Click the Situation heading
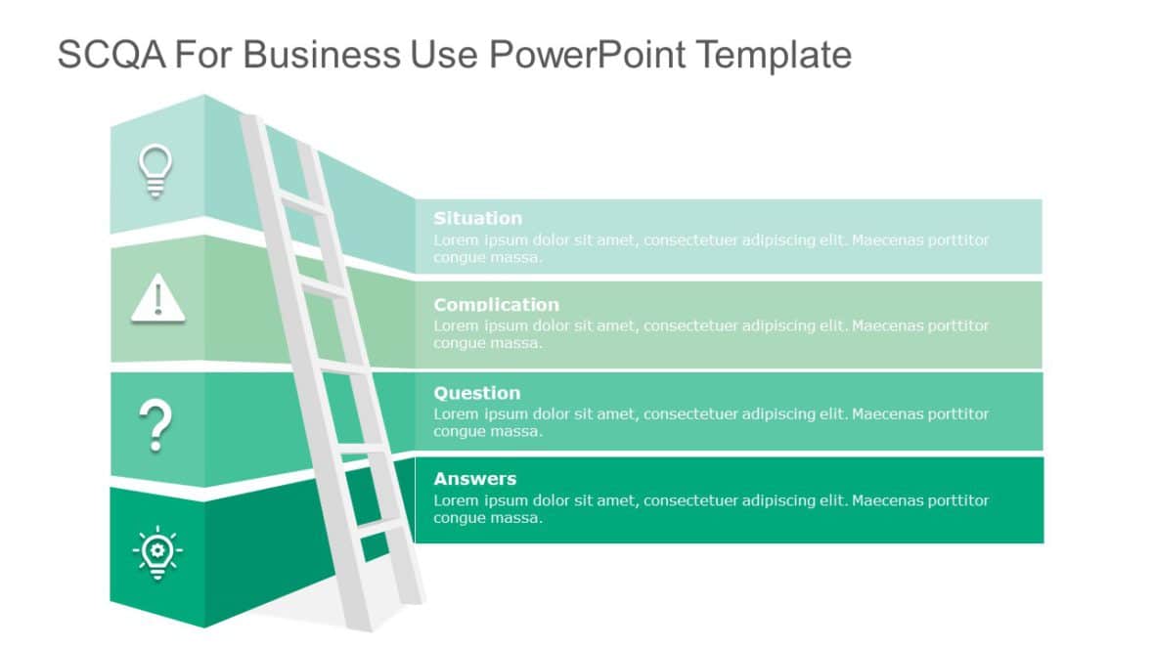477,218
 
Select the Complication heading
496,305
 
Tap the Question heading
476,393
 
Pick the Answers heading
474,479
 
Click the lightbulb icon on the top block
155,171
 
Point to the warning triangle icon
157,297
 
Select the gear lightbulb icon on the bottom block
157,552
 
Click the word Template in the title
774,55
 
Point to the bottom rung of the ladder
378,529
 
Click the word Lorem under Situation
454,240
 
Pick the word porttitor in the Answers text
954,500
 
